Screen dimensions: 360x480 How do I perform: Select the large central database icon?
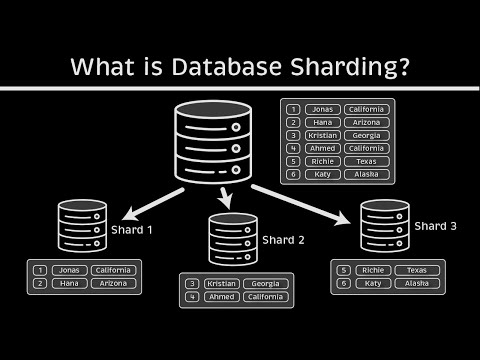click(209, 144)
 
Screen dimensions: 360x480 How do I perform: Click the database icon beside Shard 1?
click(81, 226)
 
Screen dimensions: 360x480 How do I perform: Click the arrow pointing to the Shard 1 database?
click(140, 200)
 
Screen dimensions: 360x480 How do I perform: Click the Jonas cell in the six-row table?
click(322, 109)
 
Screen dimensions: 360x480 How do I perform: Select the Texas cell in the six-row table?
click(367, 160)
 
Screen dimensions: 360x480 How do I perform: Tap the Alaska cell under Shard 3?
click(417, 283)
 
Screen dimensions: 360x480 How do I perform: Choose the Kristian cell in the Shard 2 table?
click(225, 283)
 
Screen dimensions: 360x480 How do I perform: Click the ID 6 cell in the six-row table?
click(293, 173)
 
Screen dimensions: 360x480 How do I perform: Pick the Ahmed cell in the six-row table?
click(322, 147)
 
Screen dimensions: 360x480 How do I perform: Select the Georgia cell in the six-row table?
click(367, 134)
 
